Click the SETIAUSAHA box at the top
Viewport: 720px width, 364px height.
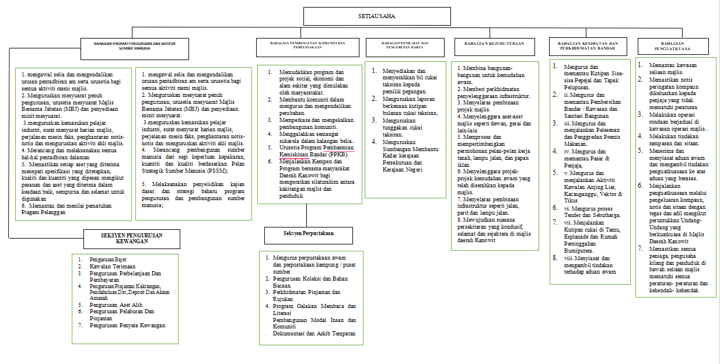coord(376,16)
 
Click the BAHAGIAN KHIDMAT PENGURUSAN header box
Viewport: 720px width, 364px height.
coord(135,46)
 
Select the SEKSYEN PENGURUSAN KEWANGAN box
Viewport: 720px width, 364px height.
coord(131,238)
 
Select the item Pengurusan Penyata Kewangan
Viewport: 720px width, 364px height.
coord(127,325)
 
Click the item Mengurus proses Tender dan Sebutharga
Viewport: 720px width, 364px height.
coord(591,211)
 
